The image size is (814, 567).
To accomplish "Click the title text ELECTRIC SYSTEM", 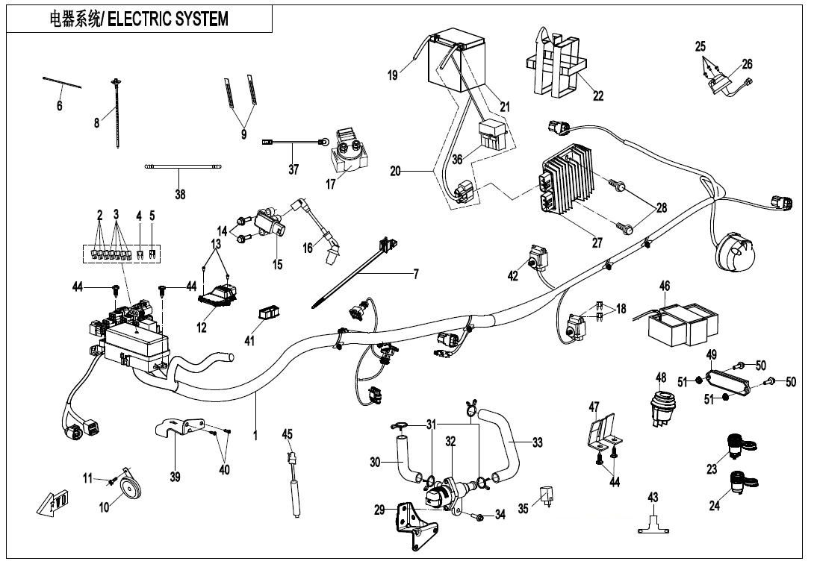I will (x=168, y=19).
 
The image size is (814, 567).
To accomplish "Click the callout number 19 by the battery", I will (x=394, y=75).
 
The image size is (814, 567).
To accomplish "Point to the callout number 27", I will (x=597, y=242).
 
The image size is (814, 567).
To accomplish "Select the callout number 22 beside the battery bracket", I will (x=597, y=95).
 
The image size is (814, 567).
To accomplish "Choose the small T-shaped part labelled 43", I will (x=653, y=524).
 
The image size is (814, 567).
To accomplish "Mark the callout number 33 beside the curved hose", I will (x=537, y=443).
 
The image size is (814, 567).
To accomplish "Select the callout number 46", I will (x=665, y=286).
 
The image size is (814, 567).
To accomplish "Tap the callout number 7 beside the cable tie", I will (x=416, y=275).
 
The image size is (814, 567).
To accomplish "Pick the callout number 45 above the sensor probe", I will (x=288, y=434).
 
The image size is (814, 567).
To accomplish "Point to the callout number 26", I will (x=747, y=64).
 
